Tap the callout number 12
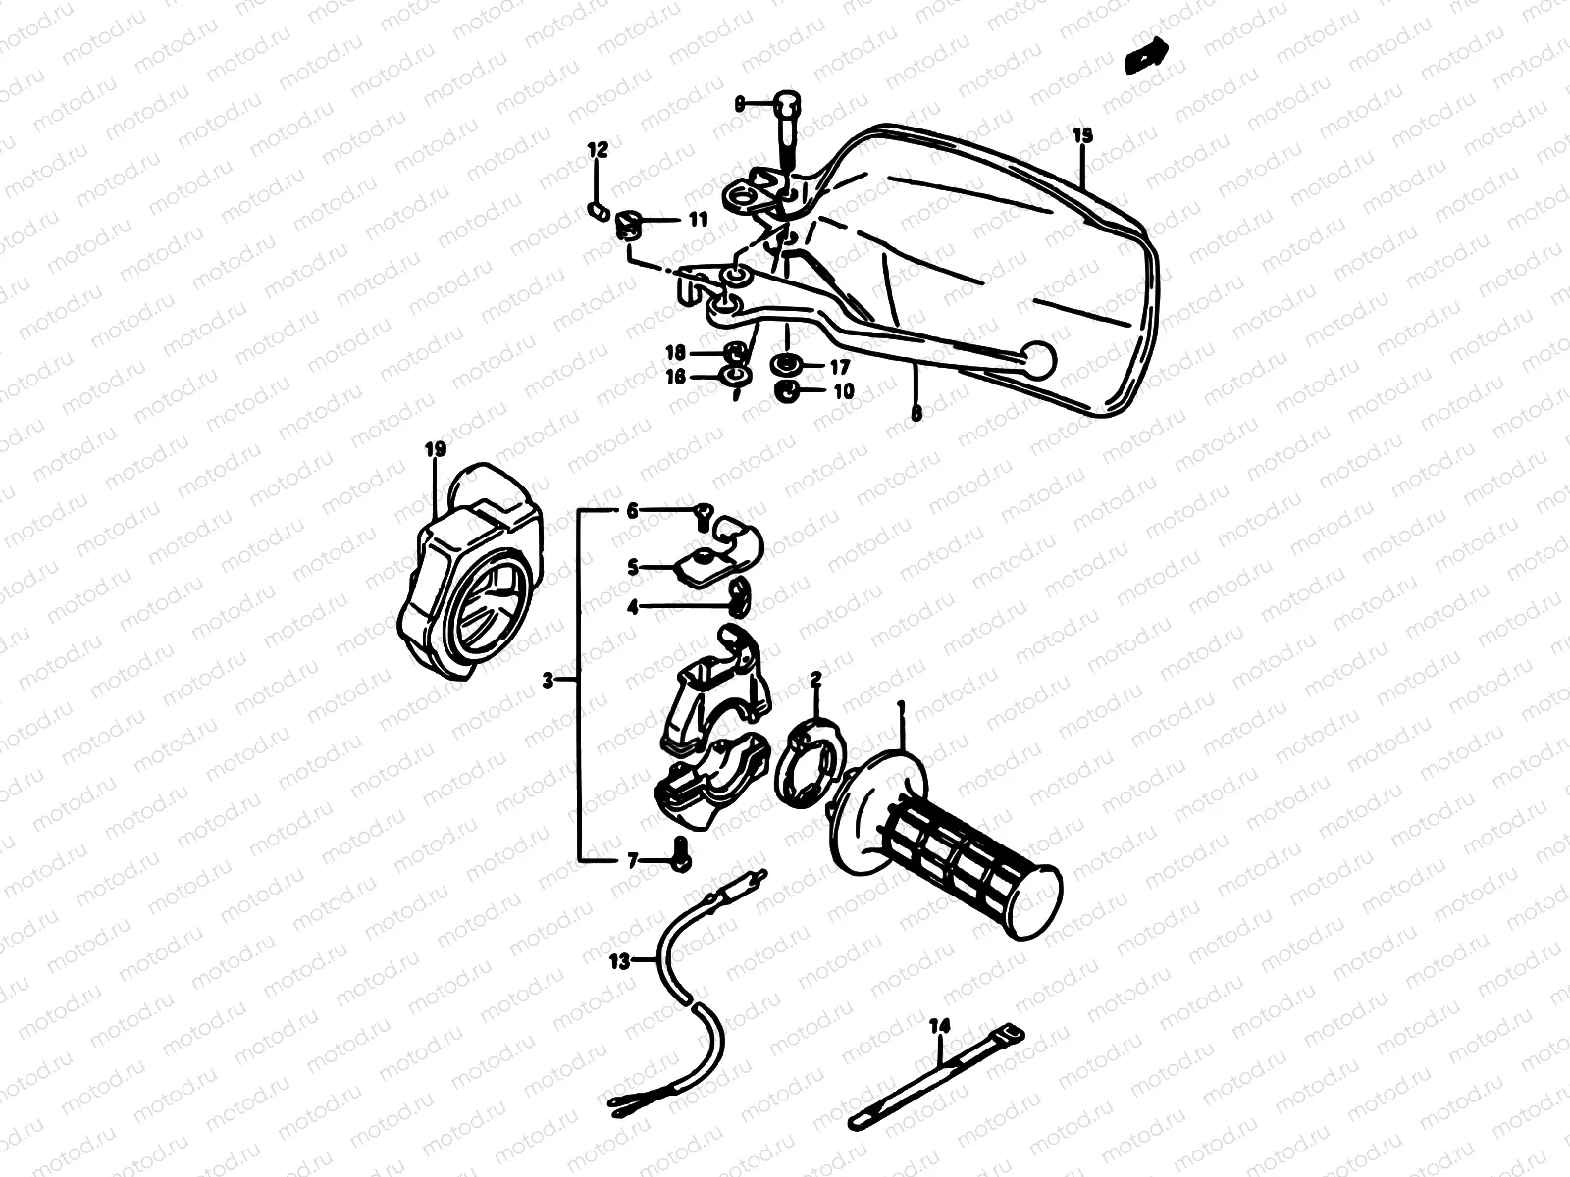pos(598,150)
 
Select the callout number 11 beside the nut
pos(697,221)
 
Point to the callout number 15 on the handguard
pos(1081,135)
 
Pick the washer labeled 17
pos(785,366)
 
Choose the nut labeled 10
pos(786,391)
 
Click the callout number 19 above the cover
pos(436,450)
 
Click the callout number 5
pos(633,567)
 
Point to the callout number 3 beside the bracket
pos(549,679)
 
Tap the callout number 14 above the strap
pos(940,1026)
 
